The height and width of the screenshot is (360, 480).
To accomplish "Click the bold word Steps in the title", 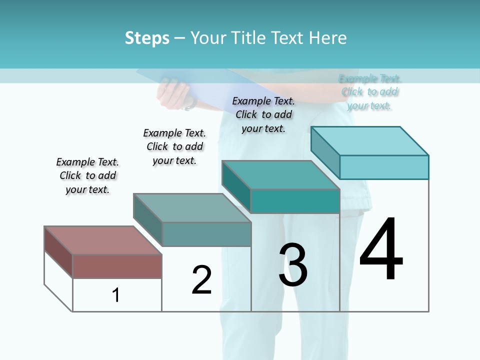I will (x=147, y=38).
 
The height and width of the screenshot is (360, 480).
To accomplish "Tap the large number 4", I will (x=381, y=250).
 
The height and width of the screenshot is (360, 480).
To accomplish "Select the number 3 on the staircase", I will (x=293, y=265).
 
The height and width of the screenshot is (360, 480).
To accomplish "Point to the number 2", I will (x=202, y=280).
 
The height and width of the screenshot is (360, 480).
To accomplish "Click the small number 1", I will (x=116, y=295).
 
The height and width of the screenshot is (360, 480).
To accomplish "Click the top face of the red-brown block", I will (x=102, y=240).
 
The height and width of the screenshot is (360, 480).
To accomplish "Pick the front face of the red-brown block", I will (x=117, y=266).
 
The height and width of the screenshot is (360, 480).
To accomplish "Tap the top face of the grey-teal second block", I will (x=192, y=208).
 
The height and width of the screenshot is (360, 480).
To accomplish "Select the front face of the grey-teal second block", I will (x=206, y=234).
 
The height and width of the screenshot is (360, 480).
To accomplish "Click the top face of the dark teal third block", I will (x=280, y=175).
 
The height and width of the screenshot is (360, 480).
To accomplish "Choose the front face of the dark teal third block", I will (x=295, y=201).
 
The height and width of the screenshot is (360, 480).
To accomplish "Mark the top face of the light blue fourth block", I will (x=369, y=141).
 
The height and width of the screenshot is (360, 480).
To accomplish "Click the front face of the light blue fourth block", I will (x=384, y=167).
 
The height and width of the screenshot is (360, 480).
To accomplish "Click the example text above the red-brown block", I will (x=87, y=175).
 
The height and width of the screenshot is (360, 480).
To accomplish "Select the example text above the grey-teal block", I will (x=174, y=146).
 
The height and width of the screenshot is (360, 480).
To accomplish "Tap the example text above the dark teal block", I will (x=263, y=114).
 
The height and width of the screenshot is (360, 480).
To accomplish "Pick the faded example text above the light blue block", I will (x=370, y=92).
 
